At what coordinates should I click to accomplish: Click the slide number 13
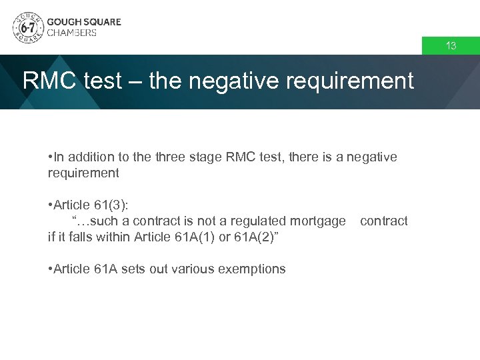[x=451, y=46]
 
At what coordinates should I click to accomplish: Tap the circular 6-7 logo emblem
[x=27, y=27]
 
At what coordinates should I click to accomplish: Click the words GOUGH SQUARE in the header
[x=84, y=21]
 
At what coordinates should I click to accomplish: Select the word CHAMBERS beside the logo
[x=72, y=33]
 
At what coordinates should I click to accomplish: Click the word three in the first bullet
[x=171, y=157]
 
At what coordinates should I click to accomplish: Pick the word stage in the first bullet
[x=207, y=157]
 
